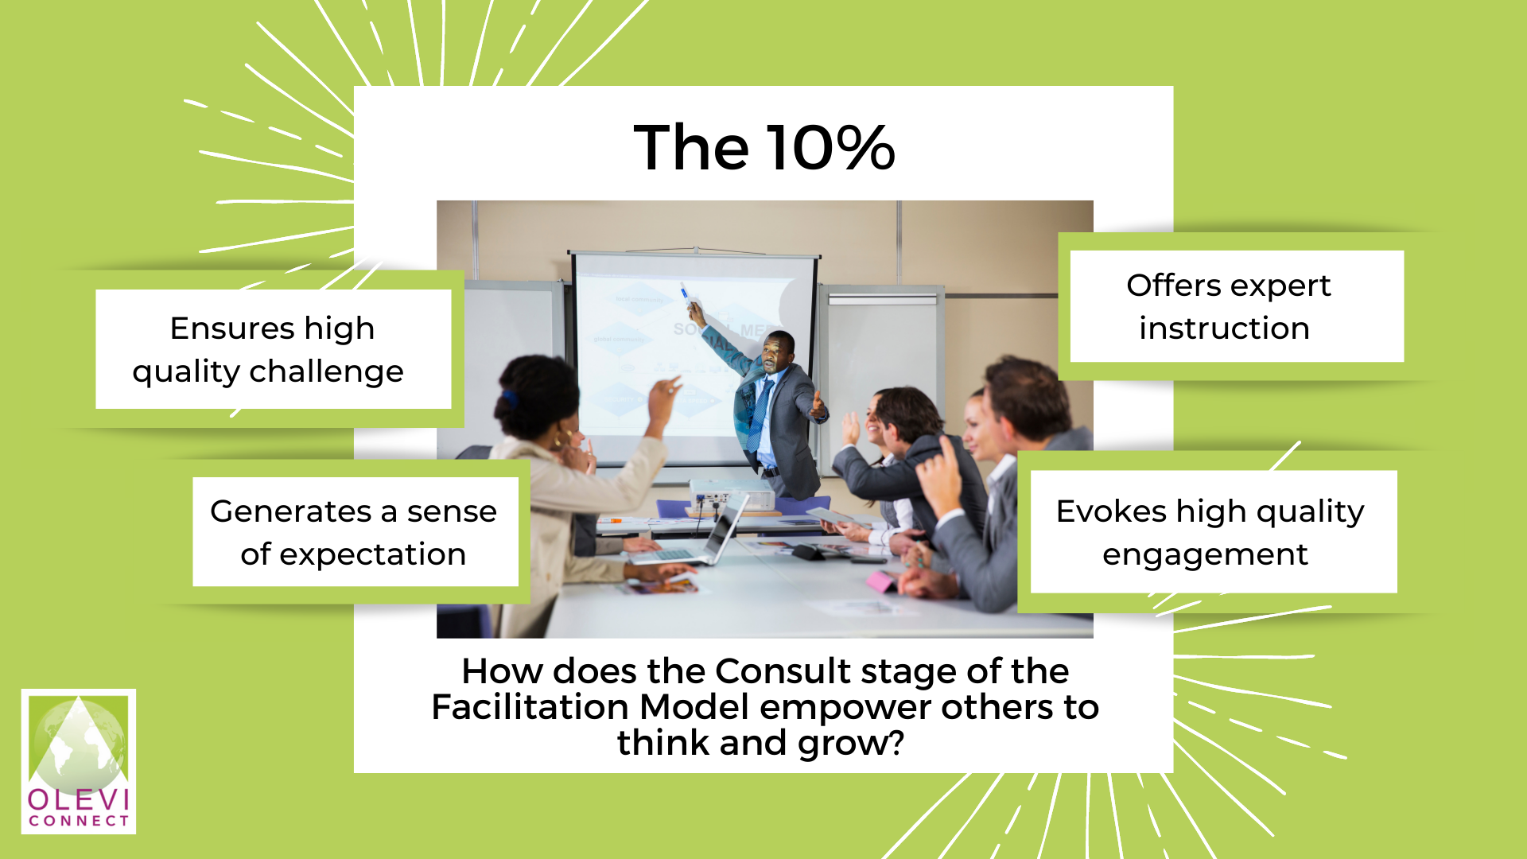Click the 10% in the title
pos(831,147)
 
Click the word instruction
pos(1224,328)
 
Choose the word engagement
pos(1205,555)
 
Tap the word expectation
pos(372,555)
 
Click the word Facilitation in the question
pos(530,707)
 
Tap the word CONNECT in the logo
pos(79,821)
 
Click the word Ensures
pos(233,328)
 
